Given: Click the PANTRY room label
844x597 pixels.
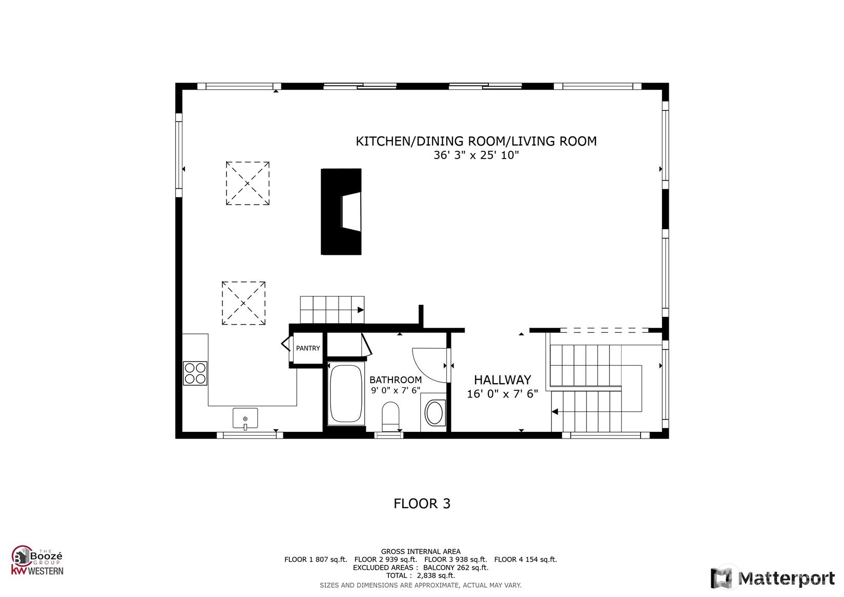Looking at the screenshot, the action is pos(308,348).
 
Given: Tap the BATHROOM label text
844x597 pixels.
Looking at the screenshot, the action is pos(395,380).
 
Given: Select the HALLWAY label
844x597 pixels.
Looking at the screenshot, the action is pos(502,380).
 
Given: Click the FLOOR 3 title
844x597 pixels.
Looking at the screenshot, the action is pos(422,504).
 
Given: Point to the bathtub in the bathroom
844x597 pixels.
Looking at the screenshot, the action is pos(346,393).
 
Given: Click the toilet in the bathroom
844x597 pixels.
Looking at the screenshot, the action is pos(390,416).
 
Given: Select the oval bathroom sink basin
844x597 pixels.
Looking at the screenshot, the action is pos(434,413).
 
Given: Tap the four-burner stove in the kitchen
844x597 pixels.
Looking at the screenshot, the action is pos(195,373).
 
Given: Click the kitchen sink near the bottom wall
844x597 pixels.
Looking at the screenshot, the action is pos(245,418).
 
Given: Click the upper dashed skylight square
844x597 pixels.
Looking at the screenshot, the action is pos(248,183).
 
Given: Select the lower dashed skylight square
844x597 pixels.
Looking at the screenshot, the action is pos(243,303).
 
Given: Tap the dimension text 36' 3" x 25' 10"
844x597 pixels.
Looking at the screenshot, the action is pos(476,155).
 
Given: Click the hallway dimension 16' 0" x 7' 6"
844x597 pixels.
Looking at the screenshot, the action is pos(502,394).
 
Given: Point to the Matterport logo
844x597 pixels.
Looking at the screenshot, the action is pos(773,578).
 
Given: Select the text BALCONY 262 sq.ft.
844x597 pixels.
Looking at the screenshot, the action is pos(456,568).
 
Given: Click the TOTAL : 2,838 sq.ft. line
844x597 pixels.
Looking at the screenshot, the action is pos(421,575).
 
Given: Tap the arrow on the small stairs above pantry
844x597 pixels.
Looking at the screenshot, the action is pos(361,310).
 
